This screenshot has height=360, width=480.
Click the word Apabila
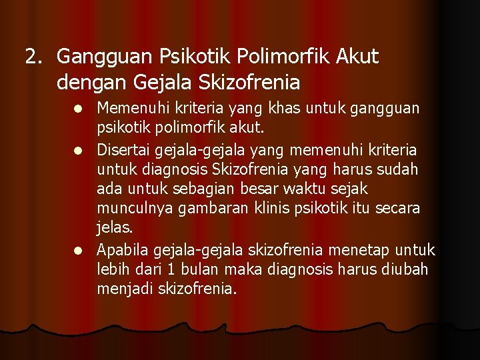(123, 250)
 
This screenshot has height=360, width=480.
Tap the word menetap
(357, 250)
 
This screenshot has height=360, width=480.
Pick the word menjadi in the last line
(126, 290)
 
